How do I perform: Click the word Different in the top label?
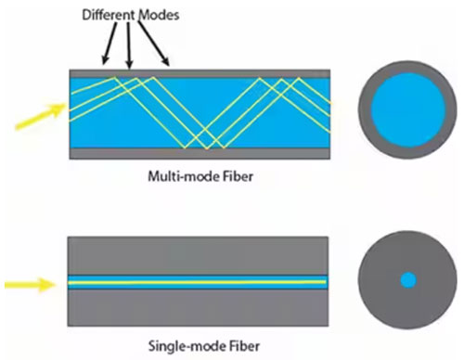pos(109,15)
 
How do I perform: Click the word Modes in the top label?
pos(159,15)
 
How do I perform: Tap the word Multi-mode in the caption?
pos(184,176)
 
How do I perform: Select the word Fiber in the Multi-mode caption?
pos(238,176)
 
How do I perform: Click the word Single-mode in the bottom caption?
pos(187,346)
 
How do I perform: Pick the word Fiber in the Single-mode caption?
pos(245,346)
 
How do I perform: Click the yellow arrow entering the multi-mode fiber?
pos(41,117)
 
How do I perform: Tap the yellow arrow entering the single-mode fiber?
pos(31,285)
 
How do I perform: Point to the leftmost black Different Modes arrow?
pos(110,44)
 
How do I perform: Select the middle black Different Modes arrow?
pos(129,45)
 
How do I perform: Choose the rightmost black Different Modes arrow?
pos(154,44)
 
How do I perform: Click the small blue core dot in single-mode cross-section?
pos(408,280)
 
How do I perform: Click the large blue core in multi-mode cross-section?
pos(408,109)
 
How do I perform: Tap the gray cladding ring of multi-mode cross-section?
pos(365,109)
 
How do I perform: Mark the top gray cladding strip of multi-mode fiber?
pos(200,73)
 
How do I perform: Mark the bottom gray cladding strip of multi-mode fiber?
pos(200,154)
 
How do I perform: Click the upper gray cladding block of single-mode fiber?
pos(198,256)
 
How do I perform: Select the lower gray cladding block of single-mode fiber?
pos(198,308)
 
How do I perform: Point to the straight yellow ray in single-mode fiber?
pos(197,282)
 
